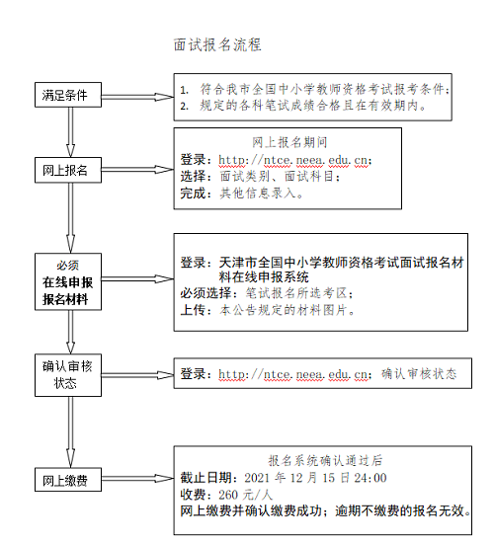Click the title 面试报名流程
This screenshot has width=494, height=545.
[217, 45]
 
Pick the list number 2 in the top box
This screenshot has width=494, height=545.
[184, 105]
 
